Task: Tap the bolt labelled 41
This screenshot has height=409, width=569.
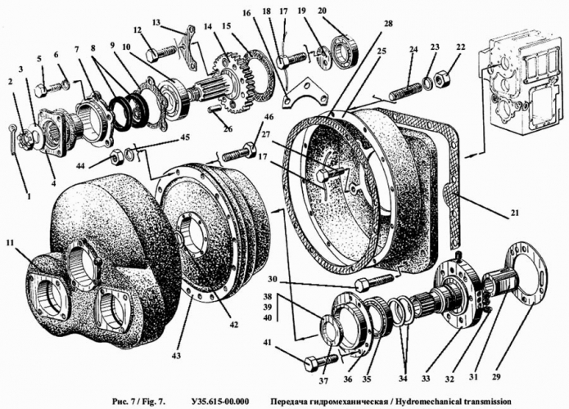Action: pyautogui.click(x=318, y=362)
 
